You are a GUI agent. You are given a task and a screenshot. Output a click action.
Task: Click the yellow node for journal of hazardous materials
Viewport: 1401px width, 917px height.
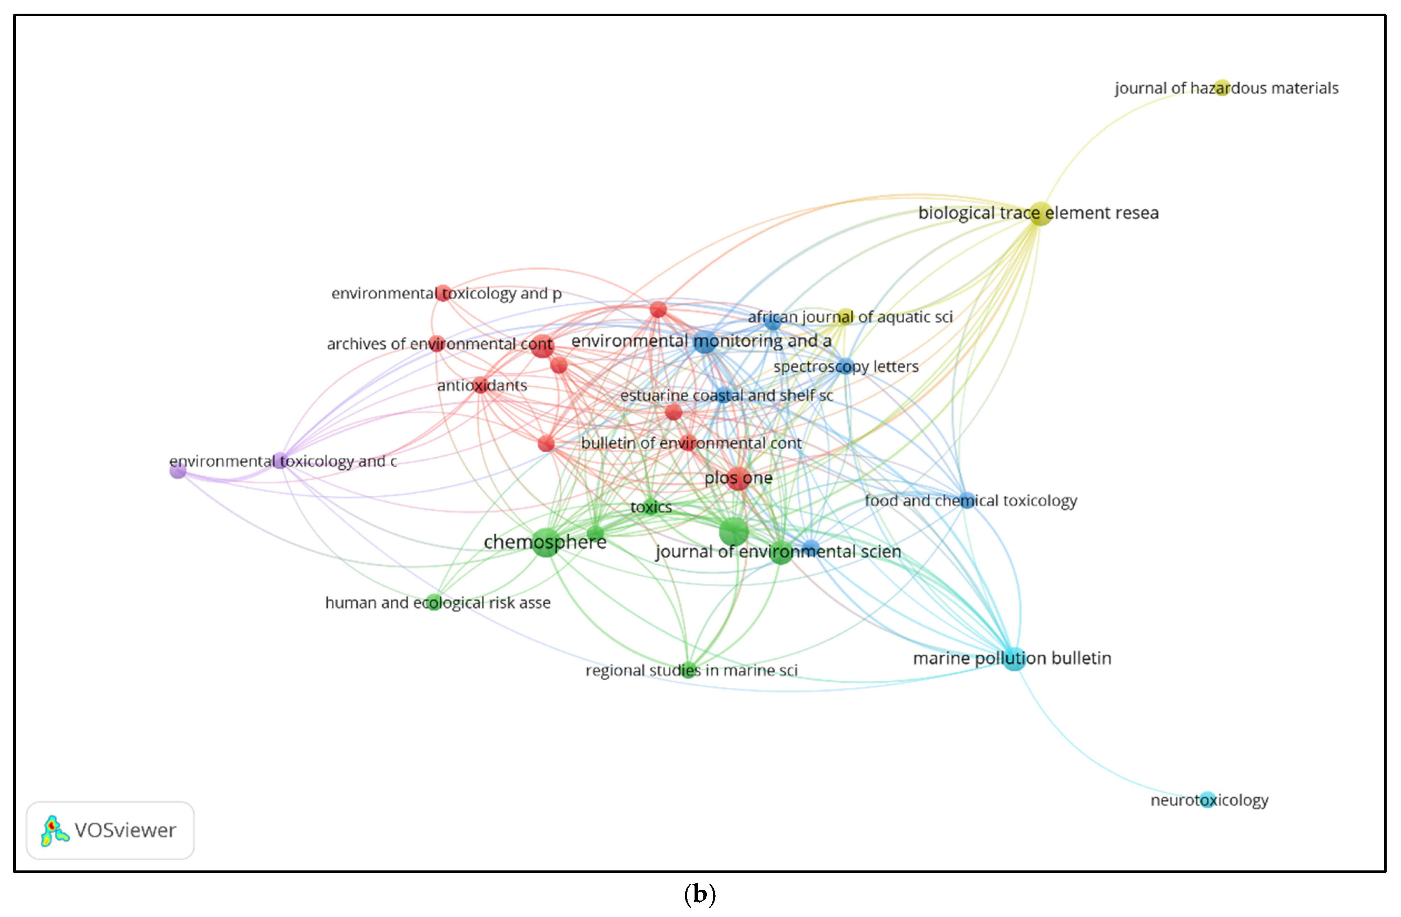(1222, 88)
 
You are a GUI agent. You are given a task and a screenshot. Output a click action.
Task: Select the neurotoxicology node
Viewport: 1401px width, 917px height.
(1208, 800)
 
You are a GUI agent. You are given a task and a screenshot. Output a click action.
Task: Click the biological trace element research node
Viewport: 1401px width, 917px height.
(1040, 213)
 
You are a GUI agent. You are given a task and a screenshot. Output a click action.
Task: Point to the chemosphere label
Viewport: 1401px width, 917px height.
(544, 542)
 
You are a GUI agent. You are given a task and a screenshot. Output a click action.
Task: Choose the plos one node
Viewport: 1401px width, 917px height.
(738, 478)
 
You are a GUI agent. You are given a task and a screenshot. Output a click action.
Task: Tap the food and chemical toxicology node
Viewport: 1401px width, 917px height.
(966, 500)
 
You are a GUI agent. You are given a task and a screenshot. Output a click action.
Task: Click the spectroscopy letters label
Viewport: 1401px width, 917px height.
(846, 367)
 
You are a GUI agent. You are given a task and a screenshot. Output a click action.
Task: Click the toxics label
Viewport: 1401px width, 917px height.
(650, 507)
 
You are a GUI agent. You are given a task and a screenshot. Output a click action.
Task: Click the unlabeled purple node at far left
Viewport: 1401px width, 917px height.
(178, 470)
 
